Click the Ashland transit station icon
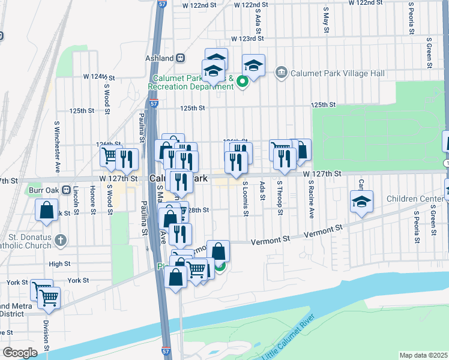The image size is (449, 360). [179, 58]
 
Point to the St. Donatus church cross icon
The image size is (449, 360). [59, 241]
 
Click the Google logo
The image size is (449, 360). [20, 353]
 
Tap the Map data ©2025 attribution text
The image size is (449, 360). [423, 355]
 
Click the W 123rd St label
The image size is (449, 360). [249, 38]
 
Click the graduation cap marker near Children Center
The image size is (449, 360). [361, 202]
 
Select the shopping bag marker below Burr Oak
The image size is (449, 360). [47, 211]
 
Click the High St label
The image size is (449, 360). [59, 263]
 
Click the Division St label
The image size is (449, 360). [46, 336]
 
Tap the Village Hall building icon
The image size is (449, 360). [280, 73]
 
